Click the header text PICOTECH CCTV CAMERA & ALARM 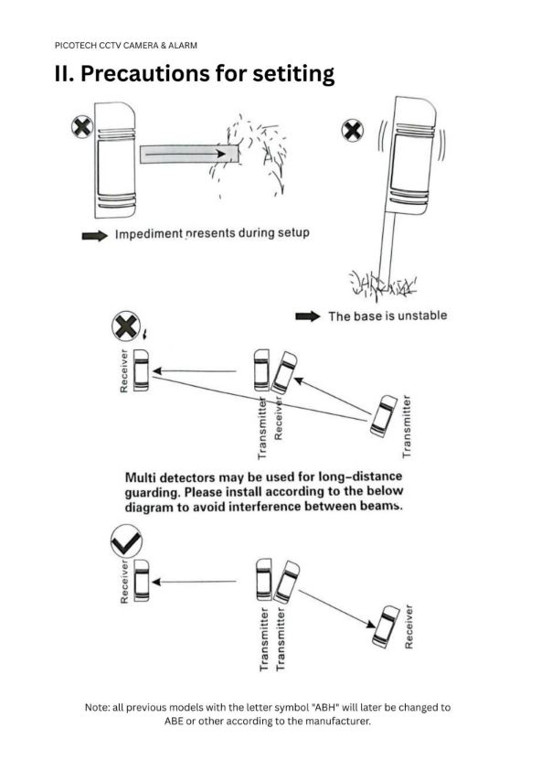coord(126,46)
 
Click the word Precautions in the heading coord(144,73)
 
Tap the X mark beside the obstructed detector coord(82,127)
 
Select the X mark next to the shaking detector coord(353,131)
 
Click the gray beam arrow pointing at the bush coord(189,155)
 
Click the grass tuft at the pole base coord(382,284)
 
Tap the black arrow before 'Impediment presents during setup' coord(94,236)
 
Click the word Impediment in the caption coord(149,234)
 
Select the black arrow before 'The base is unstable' coord(308,316)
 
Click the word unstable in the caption coord(422,316)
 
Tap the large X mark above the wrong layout coord(126,326)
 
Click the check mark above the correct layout coord(126,542)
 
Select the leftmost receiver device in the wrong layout coord(141,370)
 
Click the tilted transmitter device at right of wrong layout coord(384,416)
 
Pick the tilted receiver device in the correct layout coord(386,626)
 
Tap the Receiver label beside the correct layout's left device coord(124,582)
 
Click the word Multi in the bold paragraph coord(139,477)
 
